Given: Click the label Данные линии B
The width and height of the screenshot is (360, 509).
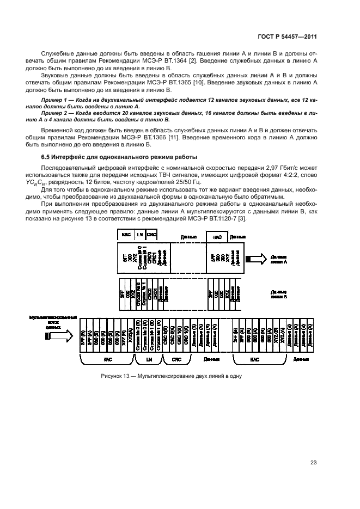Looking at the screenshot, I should tap(279, 295).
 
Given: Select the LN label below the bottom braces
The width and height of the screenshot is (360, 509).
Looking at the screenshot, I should tap(149, 359).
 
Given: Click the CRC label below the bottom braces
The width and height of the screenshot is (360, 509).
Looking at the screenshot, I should tap(176, 359).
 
